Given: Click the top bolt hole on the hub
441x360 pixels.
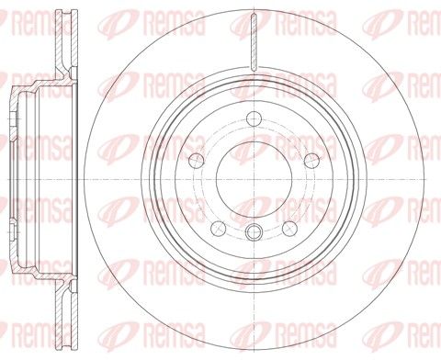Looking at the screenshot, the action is click(254, 118).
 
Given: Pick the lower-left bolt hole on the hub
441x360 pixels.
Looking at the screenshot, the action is click(219, 229).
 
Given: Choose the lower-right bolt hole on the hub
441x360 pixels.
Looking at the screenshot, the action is click(289, 229).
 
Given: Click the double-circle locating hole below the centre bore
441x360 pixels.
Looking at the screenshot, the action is click(254, 231).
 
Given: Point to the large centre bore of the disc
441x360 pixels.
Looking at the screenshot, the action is click(254, 179).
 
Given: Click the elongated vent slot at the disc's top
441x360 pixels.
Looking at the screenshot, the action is click(254, 42).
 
